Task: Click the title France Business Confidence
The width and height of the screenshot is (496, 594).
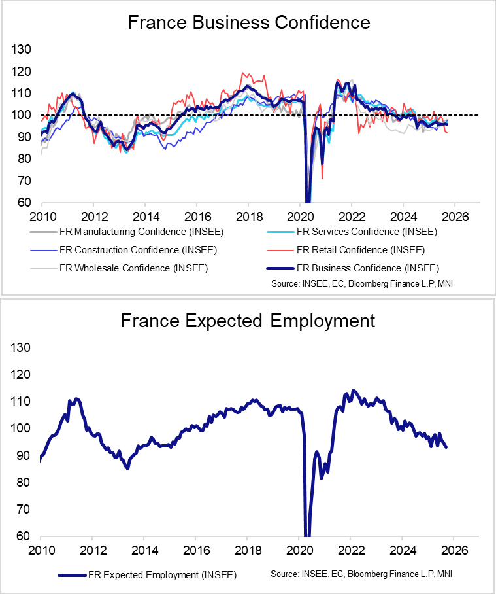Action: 248,23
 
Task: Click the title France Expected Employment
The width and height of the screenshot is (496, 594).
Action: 248,321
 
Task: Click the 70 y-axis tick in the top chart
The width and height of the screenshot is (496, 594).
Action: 24,181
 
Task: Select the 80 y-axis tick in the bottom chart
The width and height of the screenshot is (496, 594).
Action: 24,483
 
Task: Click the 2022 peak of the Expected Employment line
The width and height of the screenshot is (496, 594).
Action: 354,391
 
